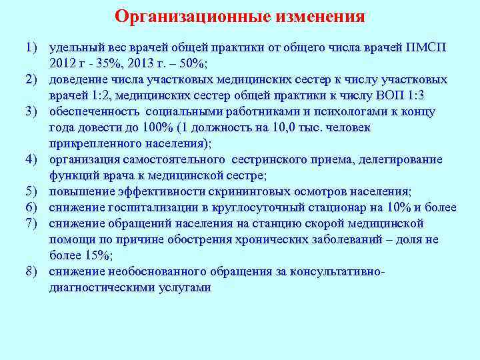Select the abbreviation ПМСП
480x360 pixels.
(432, 49)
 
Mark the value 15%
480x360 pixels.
(98, 255)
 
